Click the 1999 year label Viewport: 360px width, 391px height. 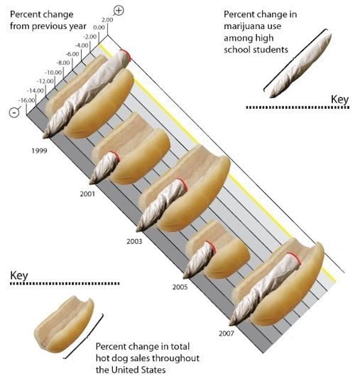click(x=39, y=150)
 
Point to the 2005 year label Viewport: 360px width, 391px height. click(x=179, y=287)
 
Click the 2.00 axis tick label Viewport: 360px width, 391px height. click(x=107, y=20)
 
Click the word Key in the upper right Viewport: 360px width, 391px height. click(x=339, y=99)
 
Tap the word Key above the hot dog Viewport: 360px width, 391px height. click(x=20, y=276)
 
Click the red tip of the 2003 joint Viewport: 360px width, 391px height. click(x=182, y=186)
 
